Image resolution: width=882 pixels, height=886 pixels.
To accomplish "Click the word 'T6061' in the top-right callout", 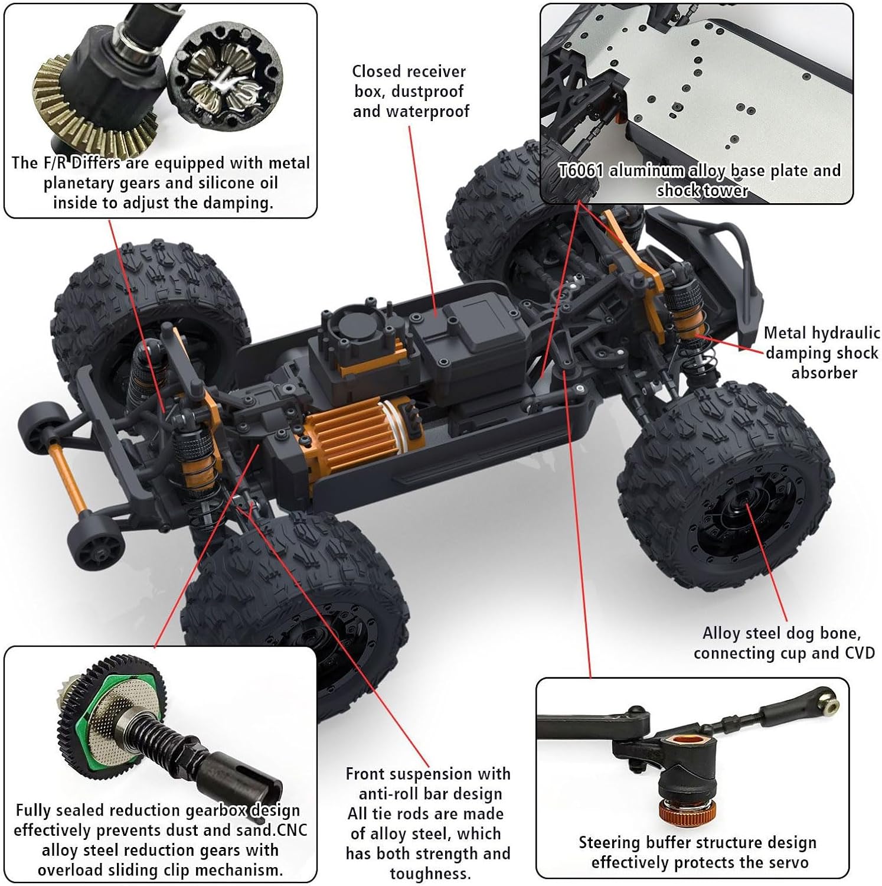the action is point(581,171).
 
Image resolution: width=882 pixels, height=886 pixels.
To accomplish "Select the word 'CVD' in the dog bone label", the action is point(855,653).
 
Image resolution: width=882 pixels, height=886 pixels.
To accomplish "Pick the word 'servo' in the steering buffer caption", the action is point(788,863).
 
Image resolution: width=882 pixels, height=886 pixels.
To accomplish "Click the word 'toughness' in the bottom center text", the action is point(427,874).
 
